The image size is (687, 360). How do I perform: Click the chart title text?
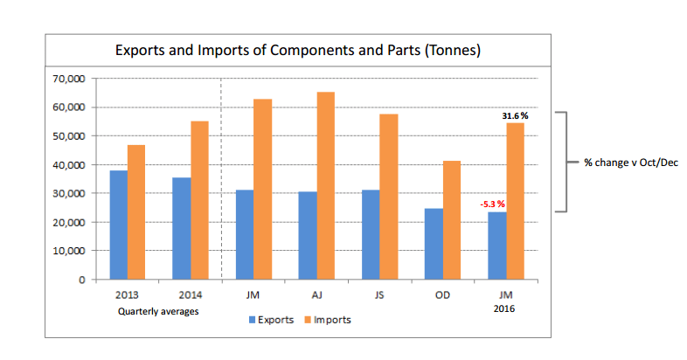coord(299,50)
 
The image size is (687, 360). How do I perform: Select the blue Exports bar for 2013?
coord(118,225)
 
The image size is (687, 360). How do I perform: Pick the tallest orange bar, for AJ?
coord(325,185)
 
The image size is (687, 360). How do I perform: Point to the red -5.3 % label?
coord(492,204)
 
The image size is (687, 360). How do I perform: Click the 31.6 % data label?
coord(515,115)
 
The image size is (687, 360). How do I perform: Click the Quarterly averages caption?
coord(158,310)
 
